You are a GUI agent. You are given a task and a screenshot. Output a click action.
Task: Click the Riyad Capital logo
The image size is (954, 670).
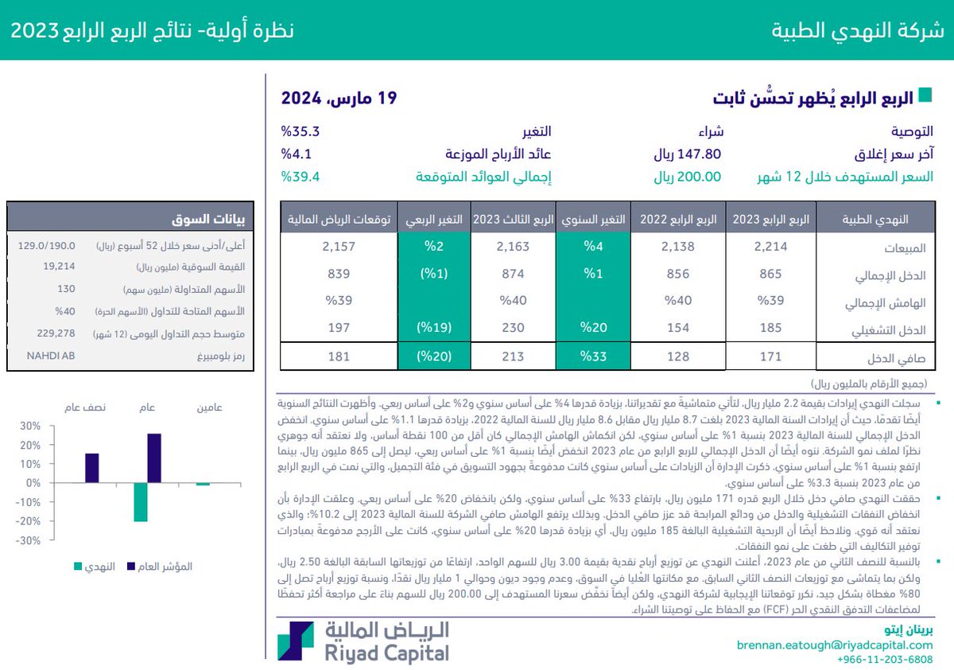(363, 641)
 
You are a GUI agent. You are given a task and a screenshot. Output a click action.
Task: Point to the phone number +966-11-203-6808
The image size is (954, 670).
(885, 660)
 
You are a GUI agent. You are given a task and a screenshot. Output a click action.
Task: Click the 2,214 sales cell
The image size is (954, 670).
(771, 247)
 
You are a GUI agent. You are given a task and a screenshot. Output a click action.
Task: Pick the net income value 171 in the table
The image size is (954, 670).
(771, 356)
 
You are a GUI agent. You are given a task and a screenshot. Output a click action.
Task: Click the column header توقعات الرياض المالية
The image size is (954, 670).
(329, 219)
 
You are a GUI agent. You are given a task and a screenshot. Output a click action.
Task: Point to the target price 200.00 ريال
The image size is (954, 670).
(687, 177)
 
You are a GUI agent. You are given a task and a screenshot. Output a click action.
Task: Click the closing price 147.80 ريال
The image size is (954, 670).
(687, 154)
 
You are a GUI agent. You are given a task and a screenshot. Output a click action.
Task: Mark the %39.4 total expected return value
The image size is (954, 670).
(301, 177)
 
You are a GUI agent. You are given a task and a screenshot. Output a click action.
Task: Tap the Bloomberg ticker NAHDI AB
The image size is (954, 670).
(49, 356)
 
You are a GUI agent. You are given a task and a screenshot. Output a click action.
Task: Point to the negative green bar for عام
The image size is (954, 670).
(141, 501)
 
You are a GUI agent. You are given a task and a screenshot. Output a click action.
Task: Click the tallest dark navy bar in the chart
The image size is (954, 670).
(154, 458)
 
